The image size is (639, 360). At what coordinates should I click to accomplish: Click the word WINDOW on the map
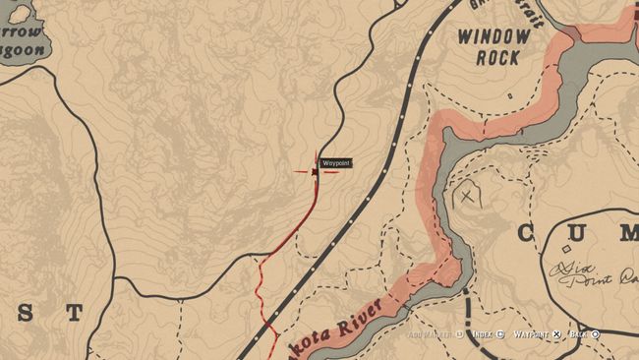(494, 37)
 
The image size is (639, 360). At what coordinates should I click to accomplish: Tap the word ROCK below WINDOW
(497, 58)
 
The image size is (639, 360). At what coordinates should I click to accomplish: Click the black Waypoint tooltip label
(336, 163)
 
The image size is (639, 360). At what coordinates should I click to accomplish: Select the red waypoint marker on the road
(316, 172)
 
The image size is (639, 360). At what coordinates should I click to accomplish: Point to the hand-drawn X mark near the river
(467, 197)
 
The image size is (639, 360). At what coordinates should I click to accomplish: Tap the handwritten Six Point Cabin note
(591, 272)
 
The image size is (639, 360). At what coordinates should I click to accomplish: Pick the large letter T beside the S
(74, 313)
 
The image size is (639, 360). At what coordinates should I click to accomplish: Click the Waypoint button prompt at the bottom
(531, 334)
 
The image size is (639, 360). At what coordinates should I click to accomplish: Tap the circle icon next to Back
(596, 334)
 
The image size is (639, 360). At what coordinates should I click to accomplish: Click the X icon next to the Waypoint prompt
(556, 334)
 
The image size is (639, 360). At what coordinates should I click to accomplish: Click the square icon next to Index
(499, 334)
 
